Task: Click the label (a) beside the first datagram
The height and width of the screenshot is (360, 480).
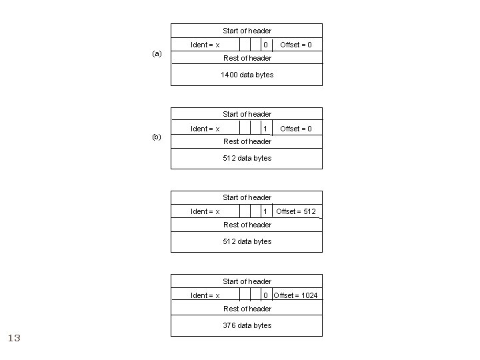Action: pos(157,53)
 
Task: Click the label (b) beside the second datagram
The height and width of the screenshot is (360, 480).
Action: pos(157,137)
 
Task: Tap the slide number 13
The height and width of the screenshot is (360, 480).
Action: pos(14,339)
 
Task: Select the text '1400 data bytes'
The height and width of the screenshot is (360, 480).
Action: pos(247,75)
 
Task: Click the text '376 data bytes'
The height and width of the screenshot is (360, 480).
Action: pos(247,325)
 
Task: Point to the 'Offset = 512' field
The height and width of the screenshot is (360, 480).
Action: pos(297,211)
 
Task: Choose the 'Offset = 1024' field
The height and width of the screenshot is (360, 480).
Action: pos(296,295)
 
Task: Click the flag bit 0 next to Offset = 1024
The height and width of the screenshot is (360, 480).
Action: pos(265,295)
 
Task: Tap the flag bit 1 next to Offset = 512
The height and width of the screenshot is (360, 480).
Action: pos(265,211)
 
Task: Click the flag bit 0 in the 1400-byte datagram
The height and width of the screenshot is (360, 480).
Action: pos(265,45)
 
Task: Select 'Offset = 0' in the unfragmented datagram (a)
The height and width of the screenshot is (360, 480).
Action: pos(296,45)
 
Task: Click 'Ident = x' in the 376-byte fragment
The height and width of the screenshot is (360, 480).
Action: pos(205,295)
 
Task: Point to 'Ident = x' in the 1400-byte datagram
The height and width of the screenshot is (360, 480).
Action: pos(205,45)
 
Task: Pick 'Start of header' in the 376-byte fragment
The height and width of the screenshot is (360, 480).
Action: pos(247,281)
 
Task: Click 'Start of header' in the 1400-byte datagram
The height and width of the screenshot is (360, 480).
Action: pos(247,31)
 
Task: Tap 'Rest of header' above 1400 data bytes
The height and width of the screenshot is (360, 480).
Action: pos(247,58)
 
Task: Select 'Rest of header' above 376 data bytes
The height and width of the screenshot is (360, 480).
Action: pos(247,309)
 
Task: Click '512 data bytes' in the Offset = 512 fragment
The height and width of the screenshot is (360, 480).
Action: pos(247,241)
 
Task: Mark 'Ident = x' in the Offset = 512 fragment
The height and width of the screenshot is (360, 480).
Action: pos(205,211)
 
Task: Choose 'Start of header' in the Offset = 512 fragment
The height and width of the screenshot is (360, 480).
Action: pos(247,197)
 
